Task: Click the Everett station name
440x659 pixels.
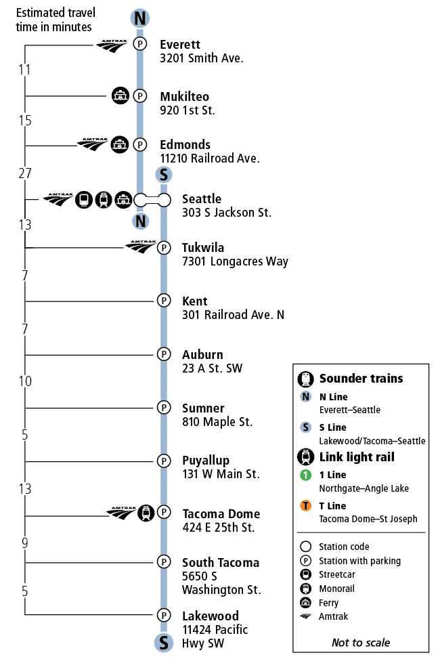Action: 179,45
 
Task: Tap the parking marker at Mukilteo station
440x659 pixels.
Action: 139,96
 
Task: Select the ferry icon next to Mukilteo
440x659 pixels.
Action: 120,96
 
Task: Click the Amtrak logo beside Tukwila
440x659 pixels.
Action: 141,247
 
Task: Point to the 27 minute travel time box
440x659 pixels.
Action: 25,173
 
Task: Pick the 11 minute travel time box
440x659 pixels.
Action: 25,70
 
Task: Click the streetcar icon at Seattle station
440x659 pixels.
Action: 84,199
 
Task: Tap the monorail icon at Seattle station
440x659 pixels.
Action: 104,199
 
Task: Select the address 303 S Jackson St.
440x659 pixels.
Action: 226,213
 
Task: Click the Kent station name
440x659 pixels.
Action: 194,301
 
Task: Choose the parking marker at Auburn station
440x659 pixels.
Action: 163,354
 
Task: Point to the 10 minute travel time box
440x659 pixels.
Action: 25,381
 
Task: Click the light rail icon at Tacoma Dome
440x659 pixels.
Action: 145,513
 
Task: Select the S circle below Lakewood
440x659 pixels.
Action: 163,642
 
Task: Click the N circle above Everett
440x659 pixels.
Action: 139,18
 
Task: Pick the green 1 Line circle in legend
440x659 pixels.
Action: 306,475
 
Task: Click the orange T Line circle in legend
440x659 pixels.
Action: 306,505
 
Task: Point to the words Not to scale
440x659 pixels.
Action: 360,642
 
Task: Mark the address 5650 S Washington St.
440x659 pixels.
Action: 221,582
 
